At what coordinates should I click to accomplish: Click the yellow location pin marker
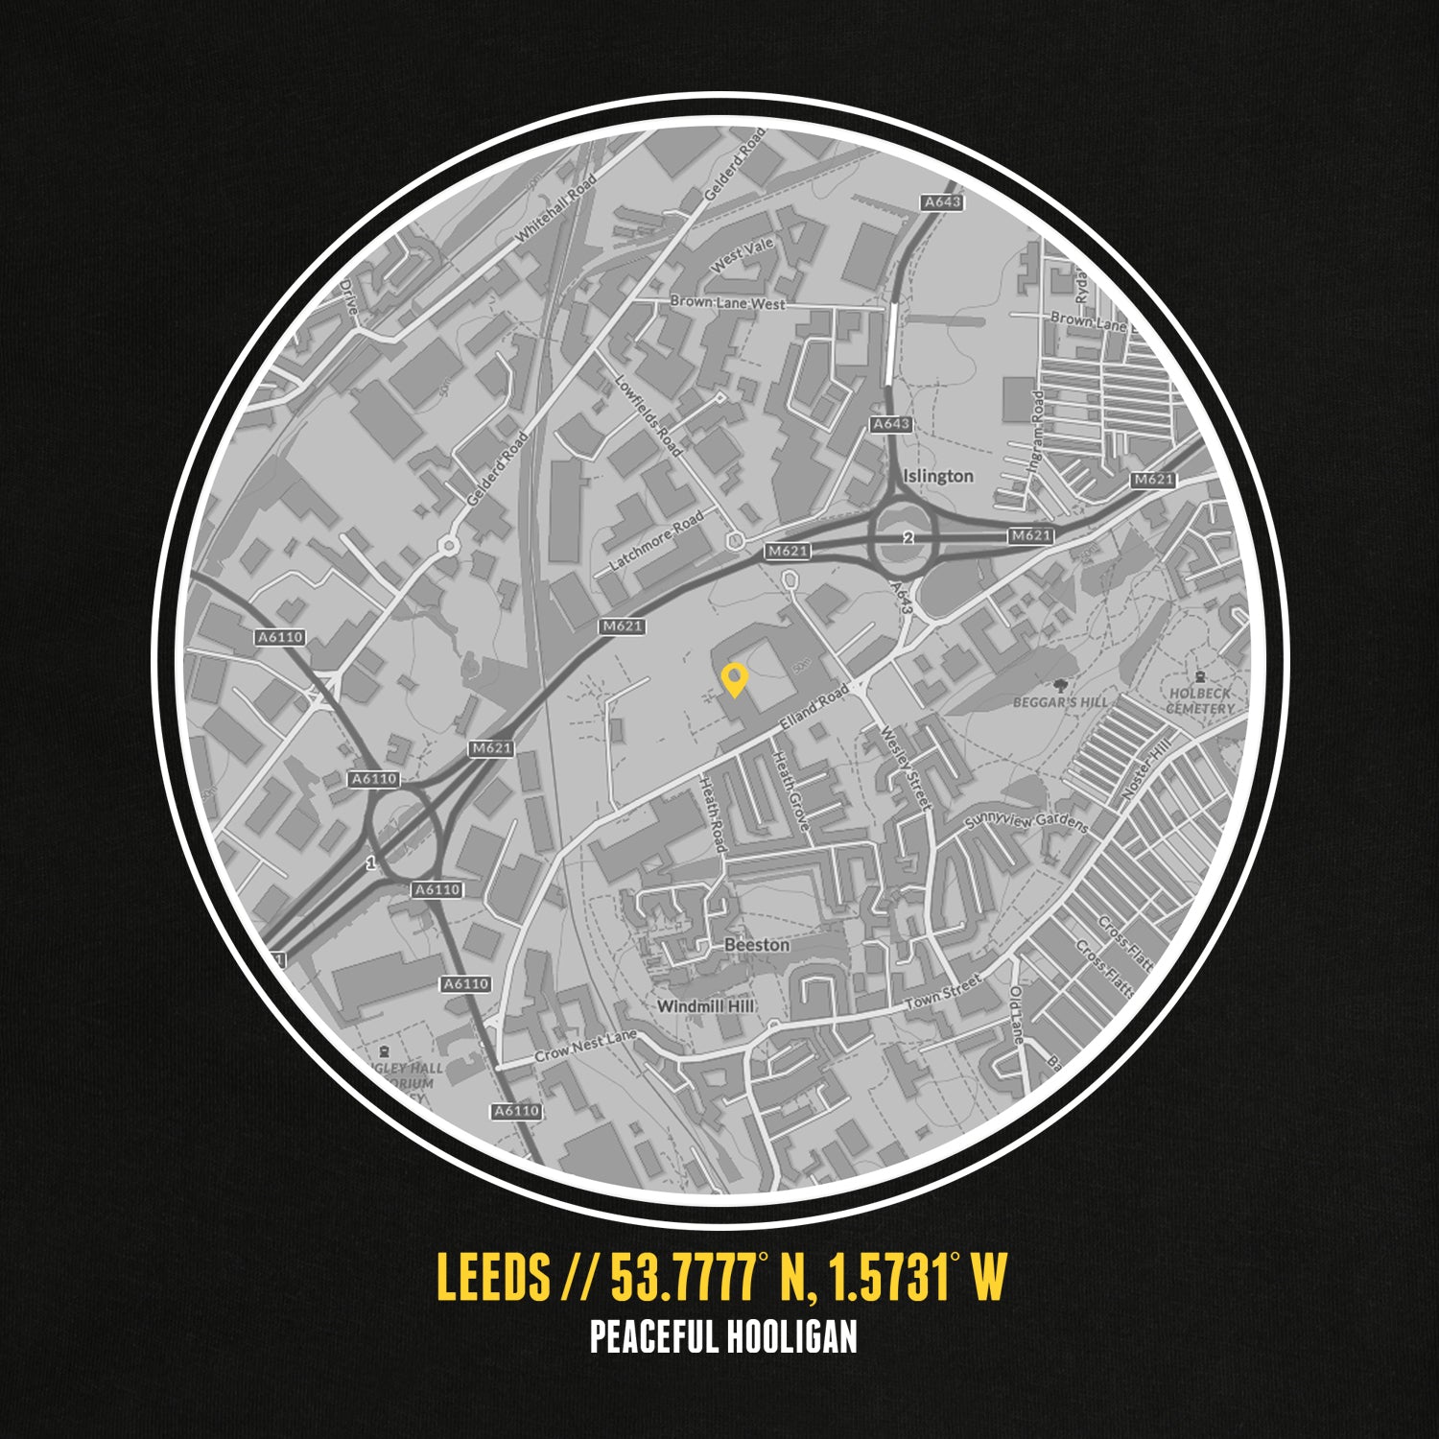[x=734, y=679]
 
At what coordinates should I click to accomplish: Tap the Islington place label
[x=937, y=476]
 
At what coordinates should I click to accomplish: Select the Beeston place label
[x=757, y=945]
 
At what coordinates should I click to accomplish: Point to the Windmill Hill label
[x=705, y=1006]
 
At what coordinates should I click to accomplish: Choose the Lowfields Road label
[x=649, y=414]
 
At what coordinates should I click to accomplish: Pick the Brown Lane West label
[x=727, y=303]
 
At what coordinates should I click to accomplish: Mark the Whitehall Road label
[x=555, y=207]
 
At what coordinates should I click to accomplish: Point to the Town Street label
[x=943, y=992]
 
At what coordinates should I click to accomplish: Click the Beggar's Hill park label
[x=1060, y=701]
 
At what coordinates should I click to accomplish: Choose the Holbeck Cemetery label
[x=1200, y=700]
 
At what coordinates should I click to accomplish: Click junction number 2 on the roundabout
[x=906, y=538]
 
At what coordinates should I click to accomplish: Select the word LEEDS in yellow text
[x=493, y=1277]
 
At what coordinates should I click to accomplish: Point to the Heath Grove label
[x=791, y=790]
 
